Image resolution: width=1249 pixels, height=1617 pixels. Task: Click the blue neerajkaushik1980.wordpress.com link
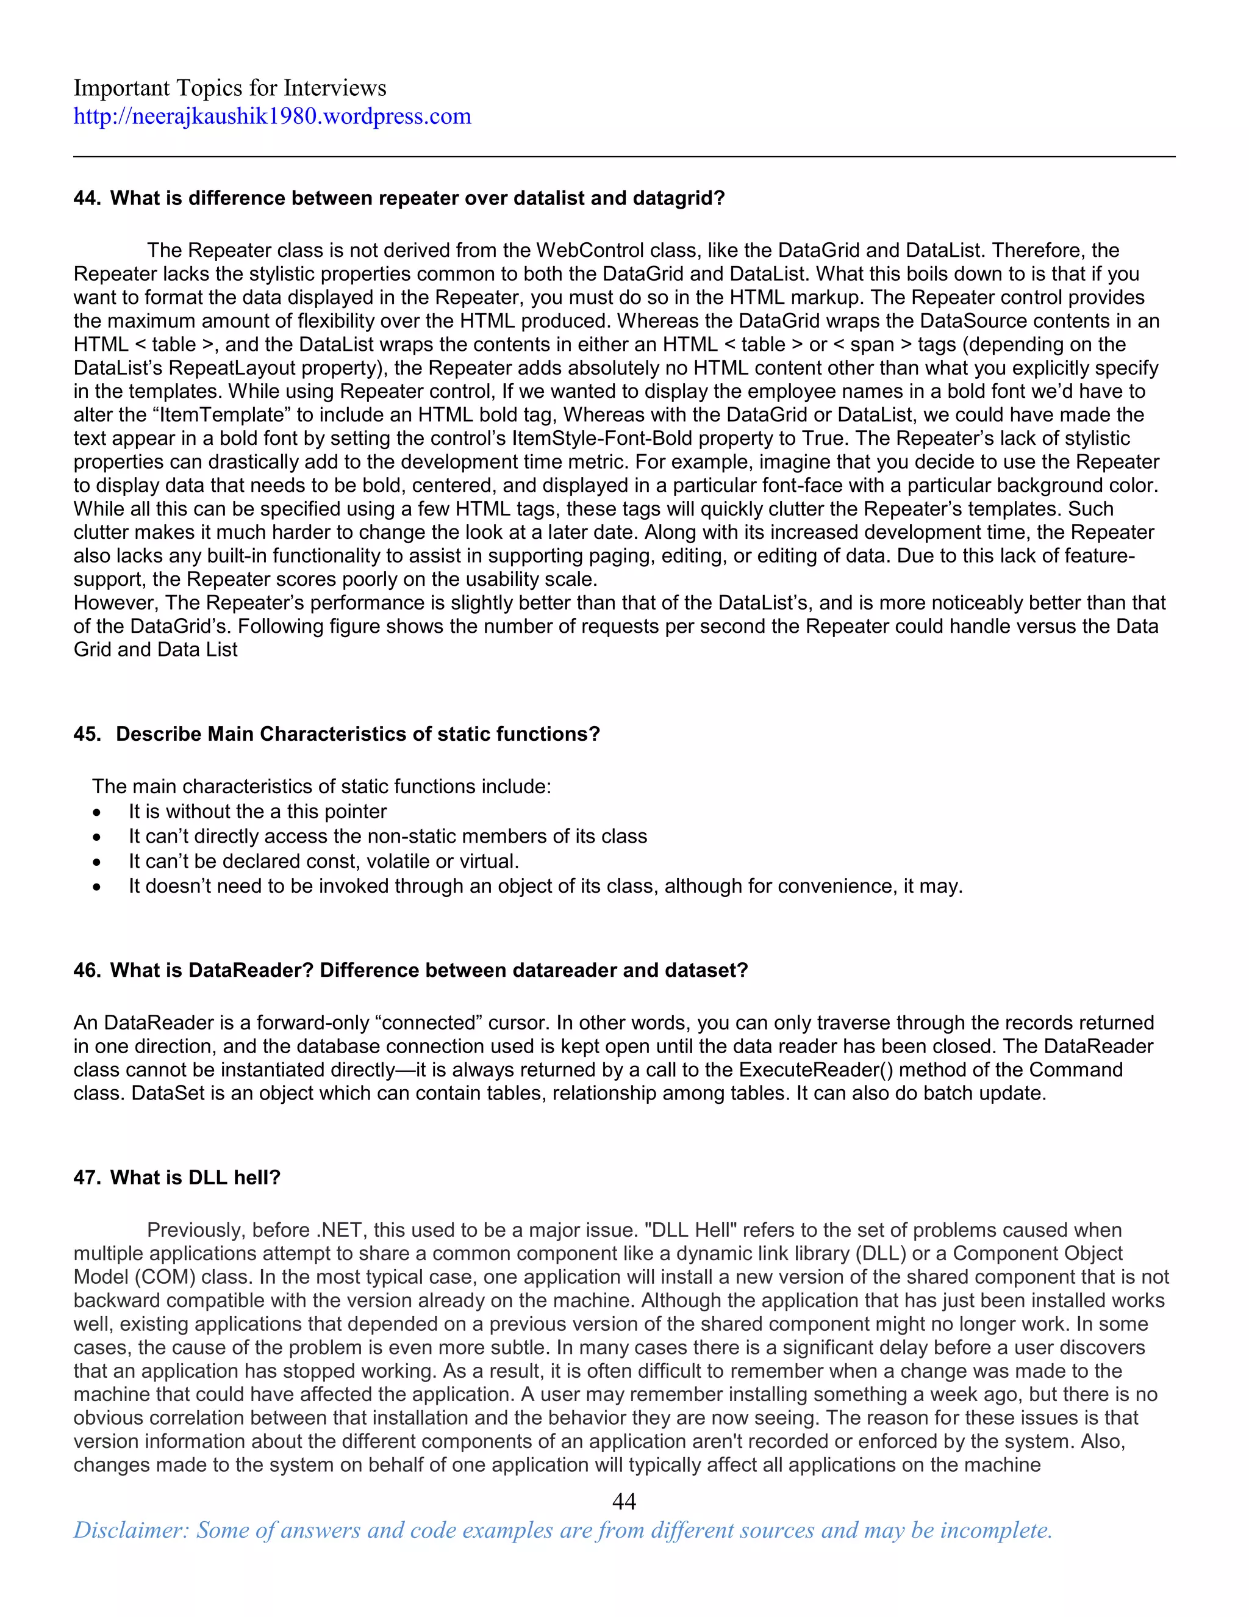(271, 116)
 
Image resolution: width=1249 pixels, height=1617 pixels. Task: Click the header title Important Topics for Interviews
(229, 88)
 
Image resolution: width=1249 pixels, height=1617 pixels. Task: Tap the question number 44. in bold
(87, 198)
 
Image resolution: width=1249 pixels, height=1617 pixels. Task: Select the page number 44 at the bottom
(624, 1501)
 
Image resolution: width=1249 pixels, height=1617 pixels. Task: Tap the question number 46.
(87, 970)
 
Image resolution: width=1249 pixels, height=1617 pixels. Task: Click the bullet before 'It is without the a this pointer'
(97, 812)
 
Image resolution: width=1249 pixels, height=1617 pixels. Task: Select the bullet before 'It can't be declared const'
(97, 862)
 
